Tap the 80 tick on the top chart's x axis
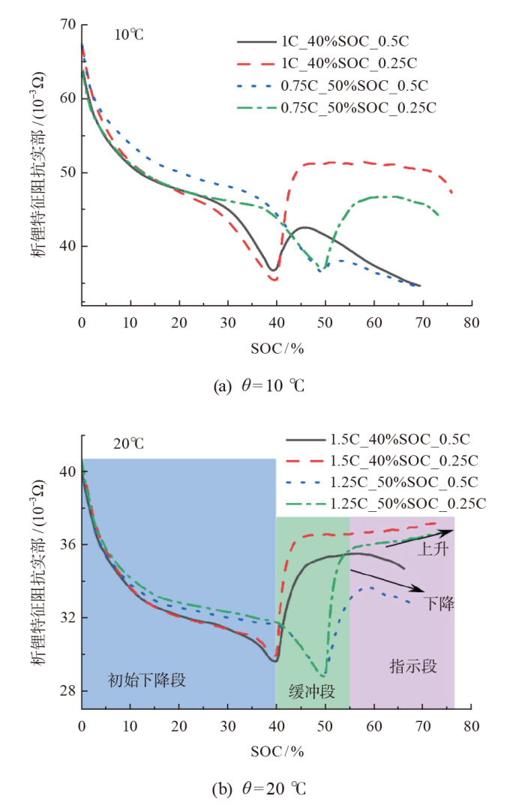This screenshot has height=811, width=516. (471, 323)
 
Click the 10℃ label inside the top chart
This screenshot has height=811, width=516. (129, 34)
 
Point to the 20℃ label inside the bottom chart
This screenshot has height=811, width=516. (128, 444)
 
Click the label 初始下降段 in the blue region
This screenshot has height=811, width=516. (148, 681)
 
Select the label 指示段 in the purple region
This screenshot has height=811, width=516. (412, 666)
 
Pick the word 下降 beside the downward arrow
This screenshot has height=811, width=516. (437, 602)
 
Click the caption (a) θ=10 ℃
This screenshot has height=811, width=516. (259, 387)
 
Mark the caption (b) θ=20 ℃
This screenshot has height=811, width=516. (259, 789)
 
